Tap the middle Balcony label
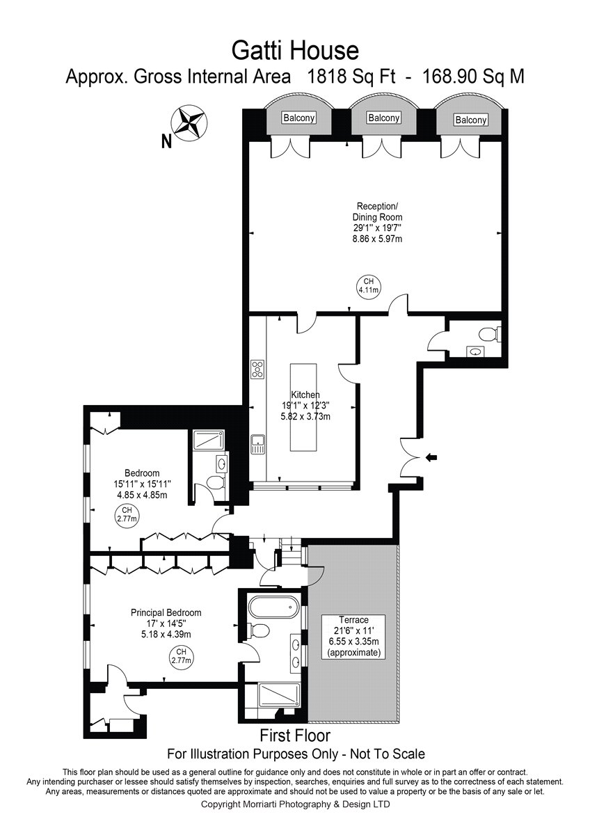coord(384,118)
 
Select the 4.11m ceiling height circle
coord(368,286)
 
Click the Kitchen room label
coord(305,395)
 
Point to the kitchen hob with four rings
coord(258,369)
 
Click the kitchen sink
coord(258,445)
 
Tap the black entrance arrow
coord(431,457)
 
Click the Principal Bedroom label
coord(166,612)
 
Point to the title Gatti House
coord(295,51)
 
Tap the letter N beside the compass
coord(166,141)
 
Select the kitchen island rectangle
coord(303,408)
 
